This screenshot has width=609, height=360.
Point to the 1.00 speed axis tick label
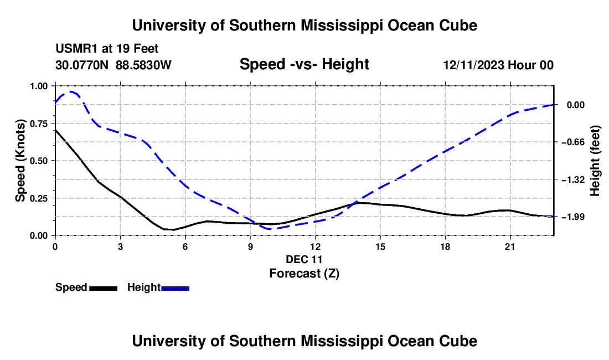[39, 86]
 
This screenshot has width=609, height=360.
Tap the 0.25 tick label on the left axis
[39, 198]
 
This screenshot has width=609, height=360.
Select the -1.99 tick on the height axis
[573, 217]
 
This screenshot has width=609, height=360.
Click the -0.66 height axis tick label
[573, 142]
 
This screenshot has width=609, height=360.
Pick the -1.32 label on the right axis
[573, 179]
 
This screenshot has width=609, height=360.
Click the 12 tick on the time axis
[316, 246]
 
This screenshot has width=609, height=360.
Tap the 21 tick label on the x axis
[510, 246]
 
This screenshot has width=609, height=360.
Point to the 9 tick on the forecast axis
[250, 246]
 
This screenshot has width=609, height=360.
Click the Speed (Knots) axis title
[20, 161]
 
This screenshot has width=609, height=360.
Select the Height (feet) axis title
[595, 161]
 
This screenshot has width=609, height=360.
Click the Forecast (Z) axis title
[304, 274]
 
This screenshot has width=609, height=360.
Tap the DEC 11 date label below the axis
[304, 259]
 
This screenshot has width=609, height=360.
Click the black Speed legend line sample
[104, 288]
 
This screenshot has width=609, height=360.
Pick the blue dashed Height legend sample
[175, 288]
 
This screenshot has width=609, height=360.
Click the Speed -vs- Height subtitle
[304, 64]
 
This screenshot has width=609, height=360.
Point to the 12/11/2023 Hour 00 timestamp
[498, 65]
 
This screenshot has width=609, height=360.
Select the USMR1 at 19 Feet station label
[107, 49]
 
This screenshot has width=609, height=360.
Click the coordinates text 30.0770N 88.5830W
[113, 65]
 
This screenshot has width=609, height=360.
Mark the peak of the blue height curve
[71, 91]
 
